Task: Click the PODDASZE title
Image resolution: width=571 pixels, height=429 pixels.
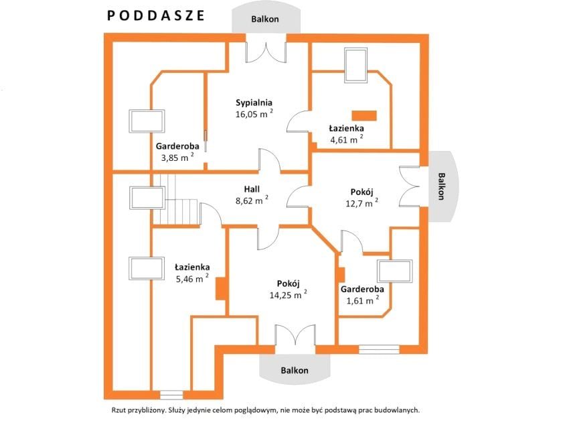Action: coord(156,15)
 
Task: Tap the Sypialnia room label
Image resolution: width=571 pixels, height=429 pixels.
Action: coord(254,103)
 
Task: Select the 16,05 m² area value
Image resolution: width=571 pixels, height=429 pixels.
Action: coord(254,113)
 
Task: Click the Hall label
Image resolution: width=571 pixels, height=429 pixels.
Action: coord(252,189)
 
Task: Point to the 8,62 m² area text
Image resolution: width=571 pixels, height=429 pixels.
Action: coord(252,200)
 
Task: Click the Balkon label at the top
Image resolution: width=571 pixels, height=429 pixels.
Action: coord(265,19)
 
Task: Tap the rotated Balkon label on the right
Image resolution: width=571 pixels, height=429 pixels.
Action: coord(441,186)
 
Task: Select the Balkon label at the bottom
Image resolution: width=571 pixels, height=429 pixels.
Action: coord(295,371)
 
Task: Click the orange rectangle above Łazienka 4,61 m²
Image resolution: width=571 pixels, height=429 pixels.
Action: coord(363,115)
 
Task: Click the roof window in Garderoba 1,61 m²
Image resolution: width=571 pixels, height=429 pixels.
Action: coord(395,271)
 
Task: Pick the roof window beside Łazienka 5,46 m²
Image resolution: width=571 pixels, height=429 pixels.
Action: coord(147,269)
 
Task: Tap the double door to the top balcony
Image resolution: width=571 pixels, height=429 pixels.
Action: coord(266,52)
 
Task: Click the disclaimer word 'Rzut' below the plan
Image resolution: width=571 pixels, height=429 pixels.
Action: coord(118,410)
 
